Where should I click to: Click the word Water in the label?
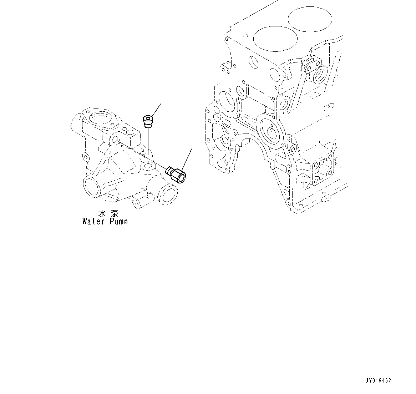[93, 222]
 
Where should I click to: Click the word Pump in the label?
[117, 222]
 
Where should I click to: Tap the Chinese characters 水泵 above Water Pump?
[108, 214]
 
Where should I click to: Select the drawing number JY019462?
[378, 381]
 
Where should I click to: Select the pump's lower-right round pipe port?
[167, 195]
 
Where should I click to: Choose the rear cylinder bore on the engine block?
[310, 19]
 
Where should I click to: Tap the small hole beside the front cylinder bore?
[245, 35]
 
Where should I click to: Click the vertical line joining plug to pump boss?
[147, 145]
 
